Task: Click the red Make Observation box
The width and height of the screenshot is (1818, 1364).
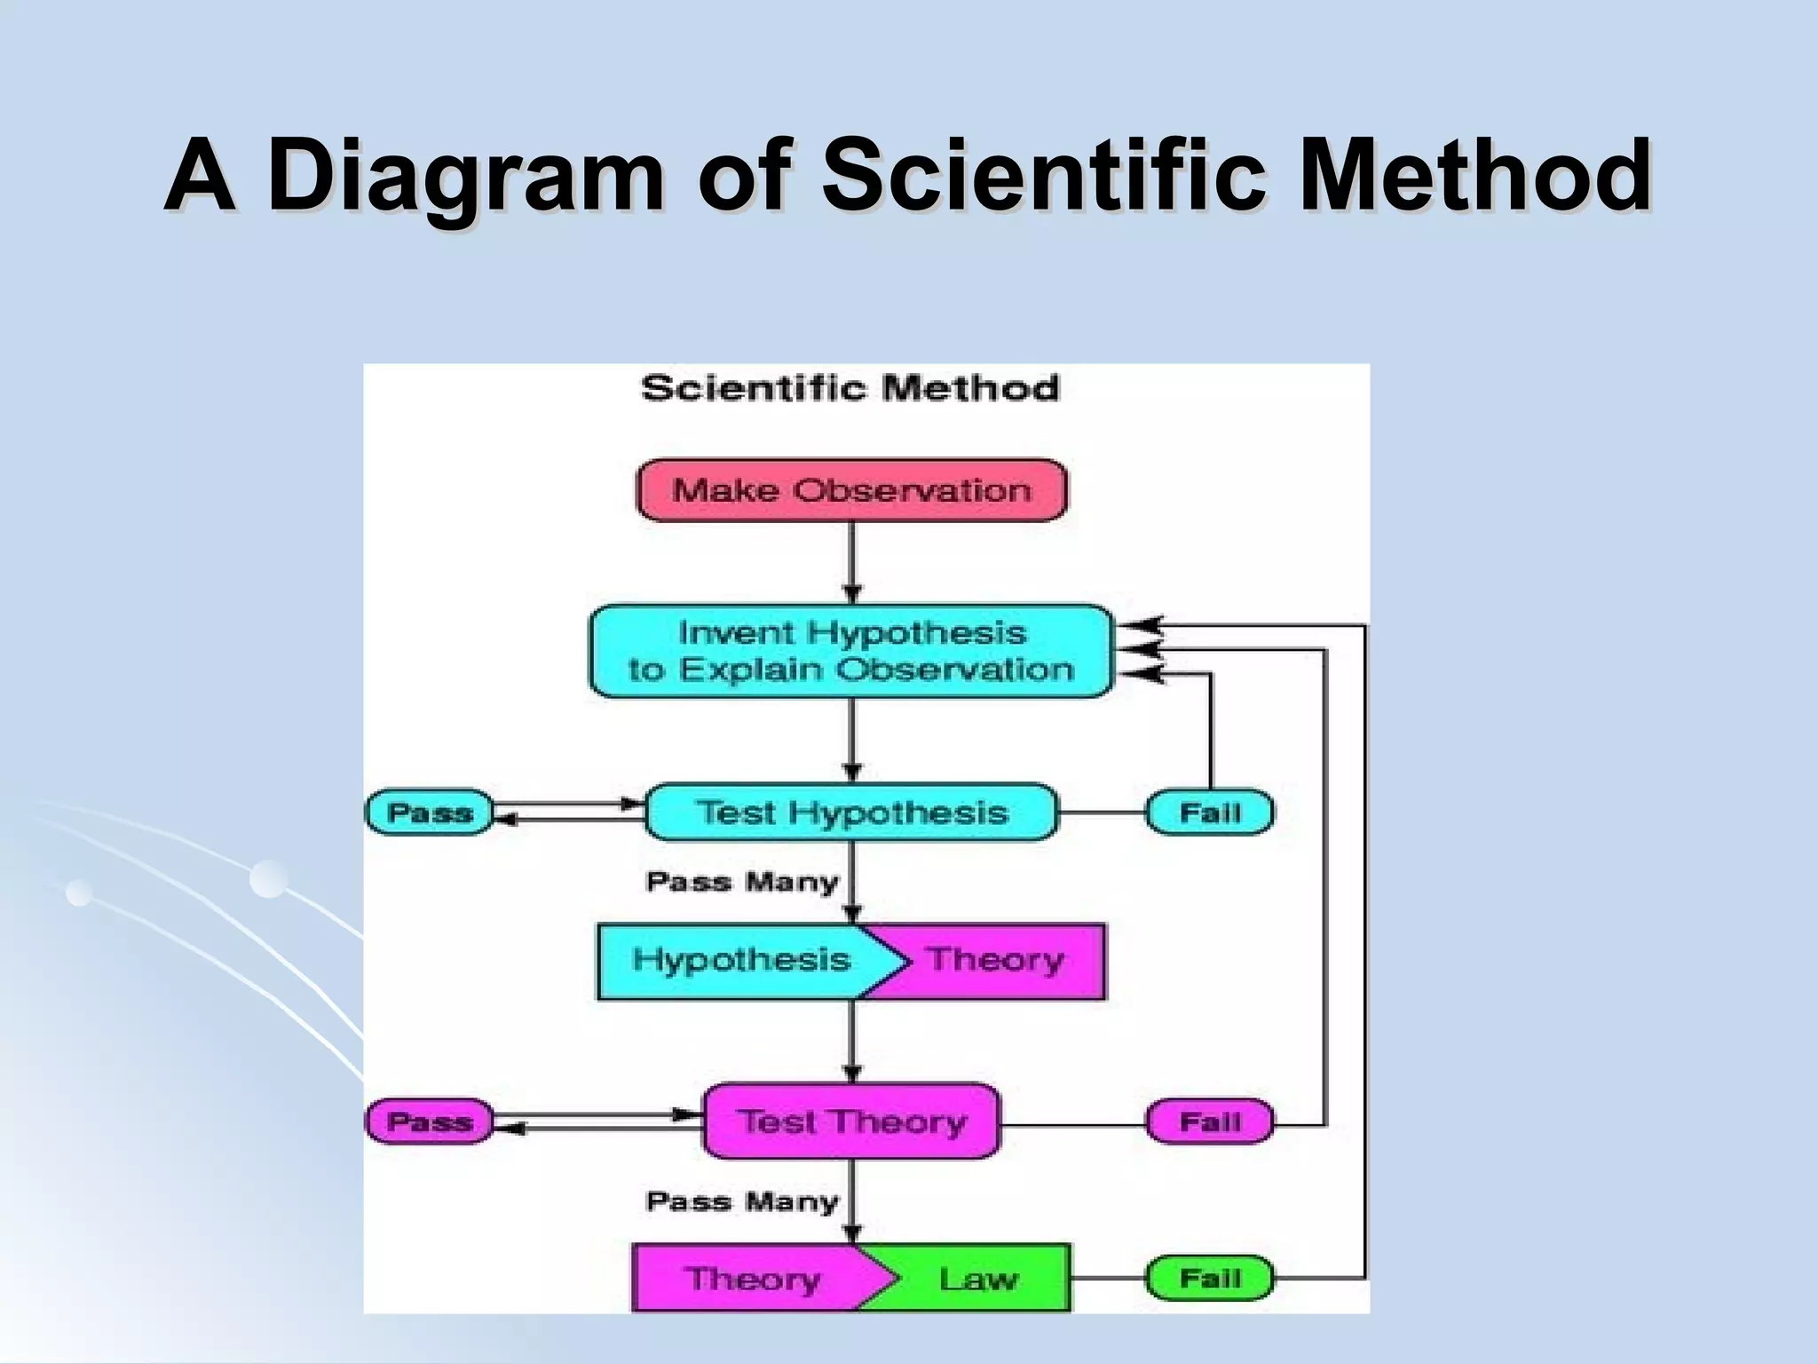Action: (851, 490)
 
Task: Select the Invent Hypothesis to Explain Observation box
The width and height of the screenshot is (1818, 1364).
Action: (851, 651)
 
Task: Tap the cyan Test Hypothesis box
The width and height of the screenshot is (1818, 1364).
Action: (851, 812)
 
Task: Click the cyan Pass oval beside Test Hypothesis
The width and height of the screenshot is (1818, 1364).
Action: (430, 812)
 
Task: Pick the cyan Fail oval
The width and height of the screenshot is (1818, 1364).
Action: (1209, 812)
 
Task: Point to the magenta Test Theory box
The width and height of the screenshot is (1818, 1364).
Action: (851, 1121)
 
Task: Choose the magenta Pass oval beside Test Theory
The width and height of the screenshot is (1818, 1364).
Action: (430, 1121)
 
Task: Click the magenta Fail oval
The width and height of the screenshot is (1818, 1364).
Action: (1209, 1122)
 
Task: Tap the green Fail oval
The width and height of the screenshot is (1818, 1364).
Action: (1209, 1278)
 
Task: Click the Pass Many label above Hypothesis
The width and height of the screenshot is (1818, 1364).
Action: (742, 882)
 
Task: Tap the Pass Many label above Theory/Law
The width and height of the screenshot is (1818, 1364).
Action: (742, 1201)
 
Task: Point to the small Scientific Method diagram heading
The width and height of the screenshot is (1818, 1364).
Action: (850, 388)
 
